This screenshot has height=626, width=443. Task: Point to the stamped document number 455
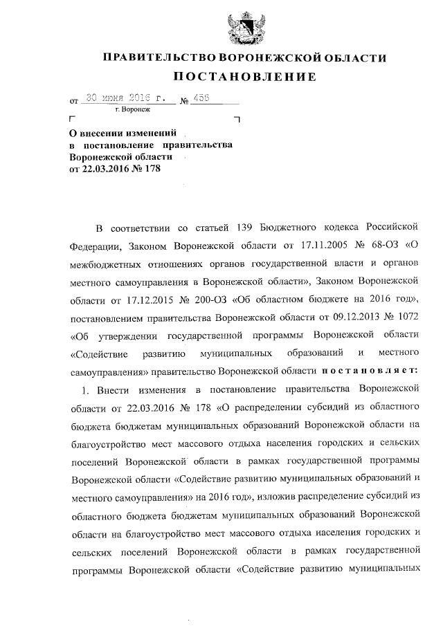pos(202,98)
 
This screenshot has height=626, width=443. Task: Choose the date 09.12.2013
pos(345,317)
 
